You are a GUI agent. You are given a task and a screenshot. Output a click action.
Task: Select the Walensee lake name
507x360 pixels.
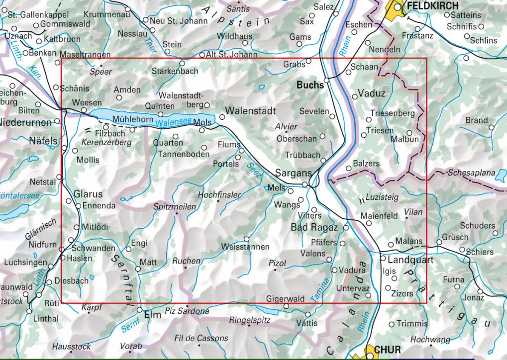pyautogui.click(x=169, y=123)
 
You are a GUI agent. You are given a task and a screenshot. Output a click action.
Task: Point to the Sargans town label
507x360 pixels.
pyautogui.click(x=293, y=172)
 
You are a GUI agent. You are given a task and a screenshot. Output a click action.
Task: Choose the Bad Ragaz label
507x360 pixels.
pyautogui.click(x=314, y=227)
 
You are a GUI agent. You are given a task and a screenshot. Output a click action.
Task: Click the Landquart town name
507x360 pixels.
pyautogui.click(x=407, y=260)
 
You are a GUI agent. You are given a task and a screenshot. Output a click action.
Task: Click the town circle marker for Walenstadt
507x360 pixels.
pyautogui.click(x=222, y=117)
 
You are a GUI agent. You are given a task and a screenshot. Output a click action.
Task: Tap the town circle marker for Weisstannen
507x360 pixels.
pyautogui.click(x=246, y=239)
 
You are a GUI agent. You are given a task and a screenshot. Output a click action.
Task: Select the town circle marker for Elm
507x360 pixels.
pyautogui.click(x=139, y=309)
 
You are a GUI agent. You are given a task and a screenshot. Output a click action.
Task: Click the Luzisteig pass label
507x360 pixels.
pyautogui.click(x=382, y=197)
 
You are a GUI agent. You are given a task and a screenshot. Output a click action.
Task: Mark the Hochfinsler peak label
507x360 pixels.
pyautogui.click(x=219, y=195)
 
